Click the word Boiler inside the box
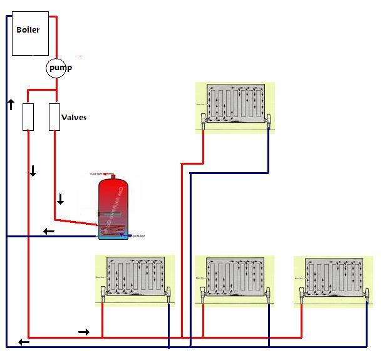28,29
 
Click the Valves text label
74,117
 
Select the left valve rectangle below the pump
28,117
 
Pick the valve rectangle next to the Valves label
54,117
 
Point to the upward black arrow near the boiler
11,104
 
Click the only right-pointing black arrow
84,331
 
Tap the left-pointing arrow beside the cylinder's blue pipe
48,232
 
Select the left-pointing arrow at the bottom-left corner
23,342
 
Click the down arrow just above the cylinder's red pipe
61,200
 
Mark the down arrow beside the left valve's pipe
33,171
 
